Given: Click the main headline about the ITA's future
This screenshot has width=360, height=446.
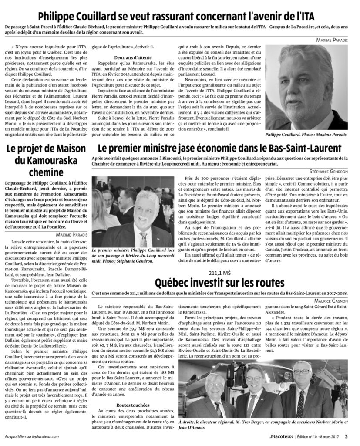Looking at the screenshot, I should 180,16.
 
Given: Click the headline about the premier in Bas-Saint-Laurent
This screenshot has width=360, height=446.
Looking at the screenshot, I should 220,149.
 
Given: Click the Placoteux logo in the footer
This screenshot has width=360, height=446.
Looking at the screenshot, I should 277,436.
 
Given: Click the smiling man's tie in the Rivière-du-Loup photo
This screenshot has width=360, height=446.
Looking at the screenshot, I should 143,239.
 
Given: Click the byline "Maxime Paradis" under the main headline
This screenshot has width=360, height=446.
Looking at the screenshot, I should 332,40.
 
